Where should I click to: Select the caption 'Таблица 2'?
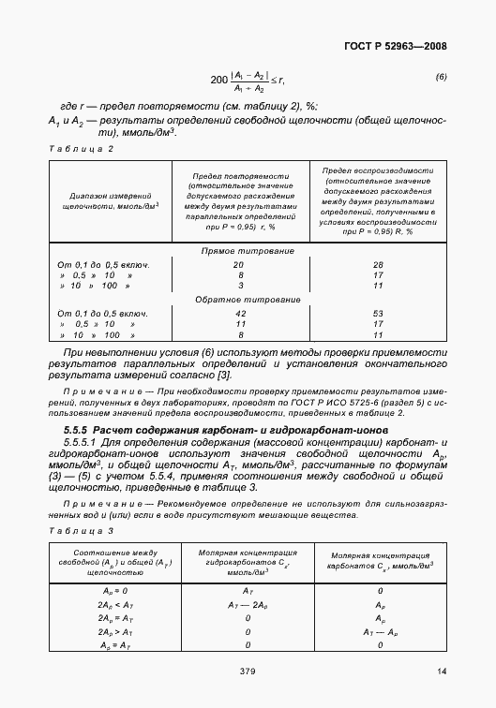(x=80, y=148)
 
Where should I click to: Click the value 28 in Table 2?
(x=378, y=264)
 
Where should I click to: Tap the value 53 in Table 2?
(x=378, y=312)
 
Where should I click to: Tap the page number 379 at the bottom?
(x=248, y=671)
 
